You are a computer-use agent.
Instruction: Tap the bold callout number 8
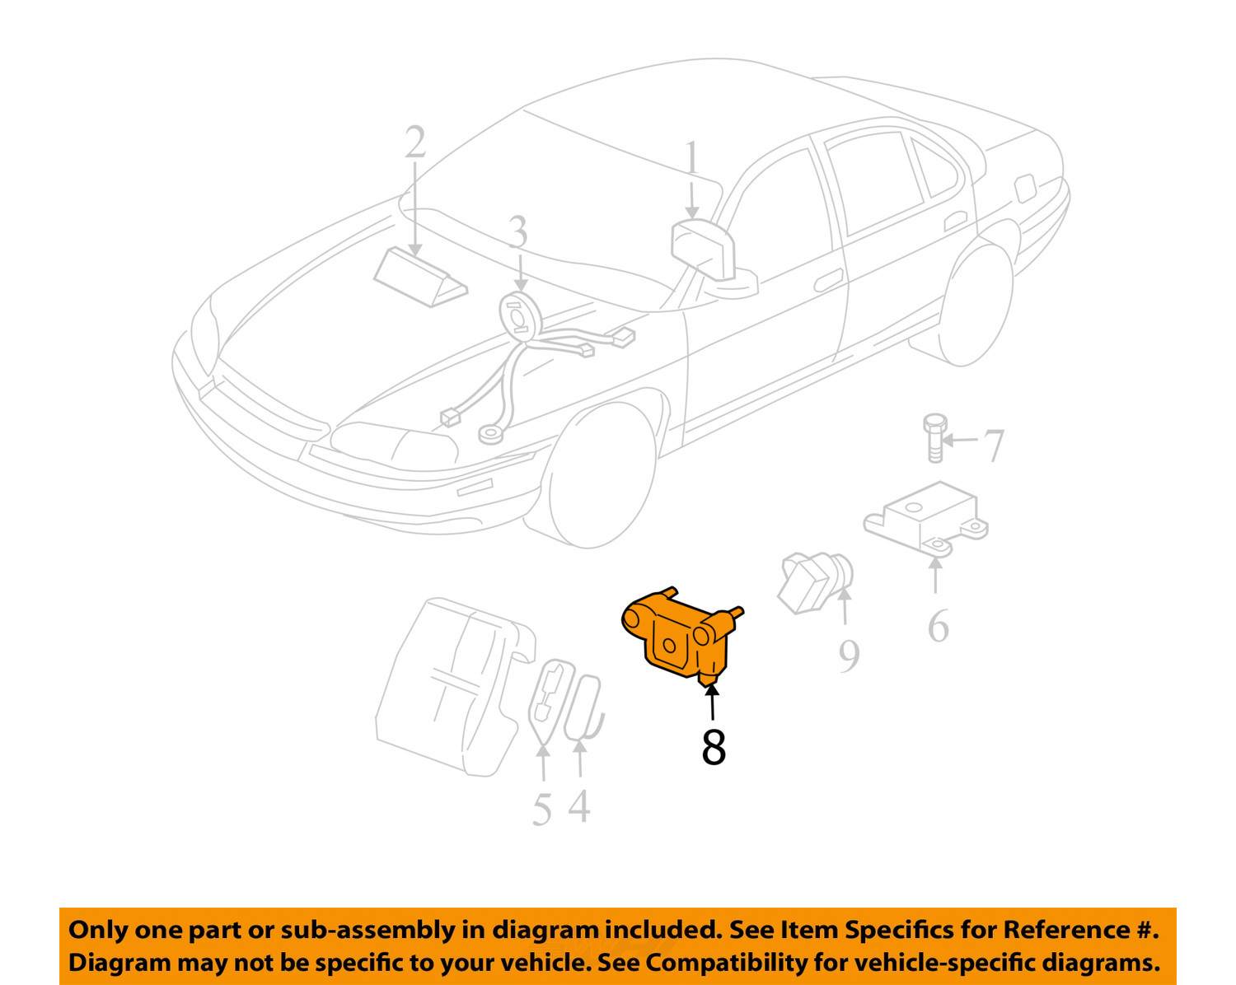pos(714,747)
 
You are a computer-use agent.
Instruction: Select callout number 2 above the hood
pos(415,143)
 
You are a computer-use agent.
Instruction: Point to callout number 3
pos(517,233)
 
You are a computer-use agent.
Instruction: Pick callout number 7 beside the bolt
pos(995,446)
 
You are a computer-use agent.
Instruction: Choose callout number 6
pos(938,628)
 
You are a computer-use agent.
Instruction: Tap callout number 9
pos(849,656)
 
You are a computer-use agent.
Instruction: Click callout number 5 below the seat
pos(541,810)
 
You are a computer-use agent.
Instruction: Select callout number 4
pos(580,806)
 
